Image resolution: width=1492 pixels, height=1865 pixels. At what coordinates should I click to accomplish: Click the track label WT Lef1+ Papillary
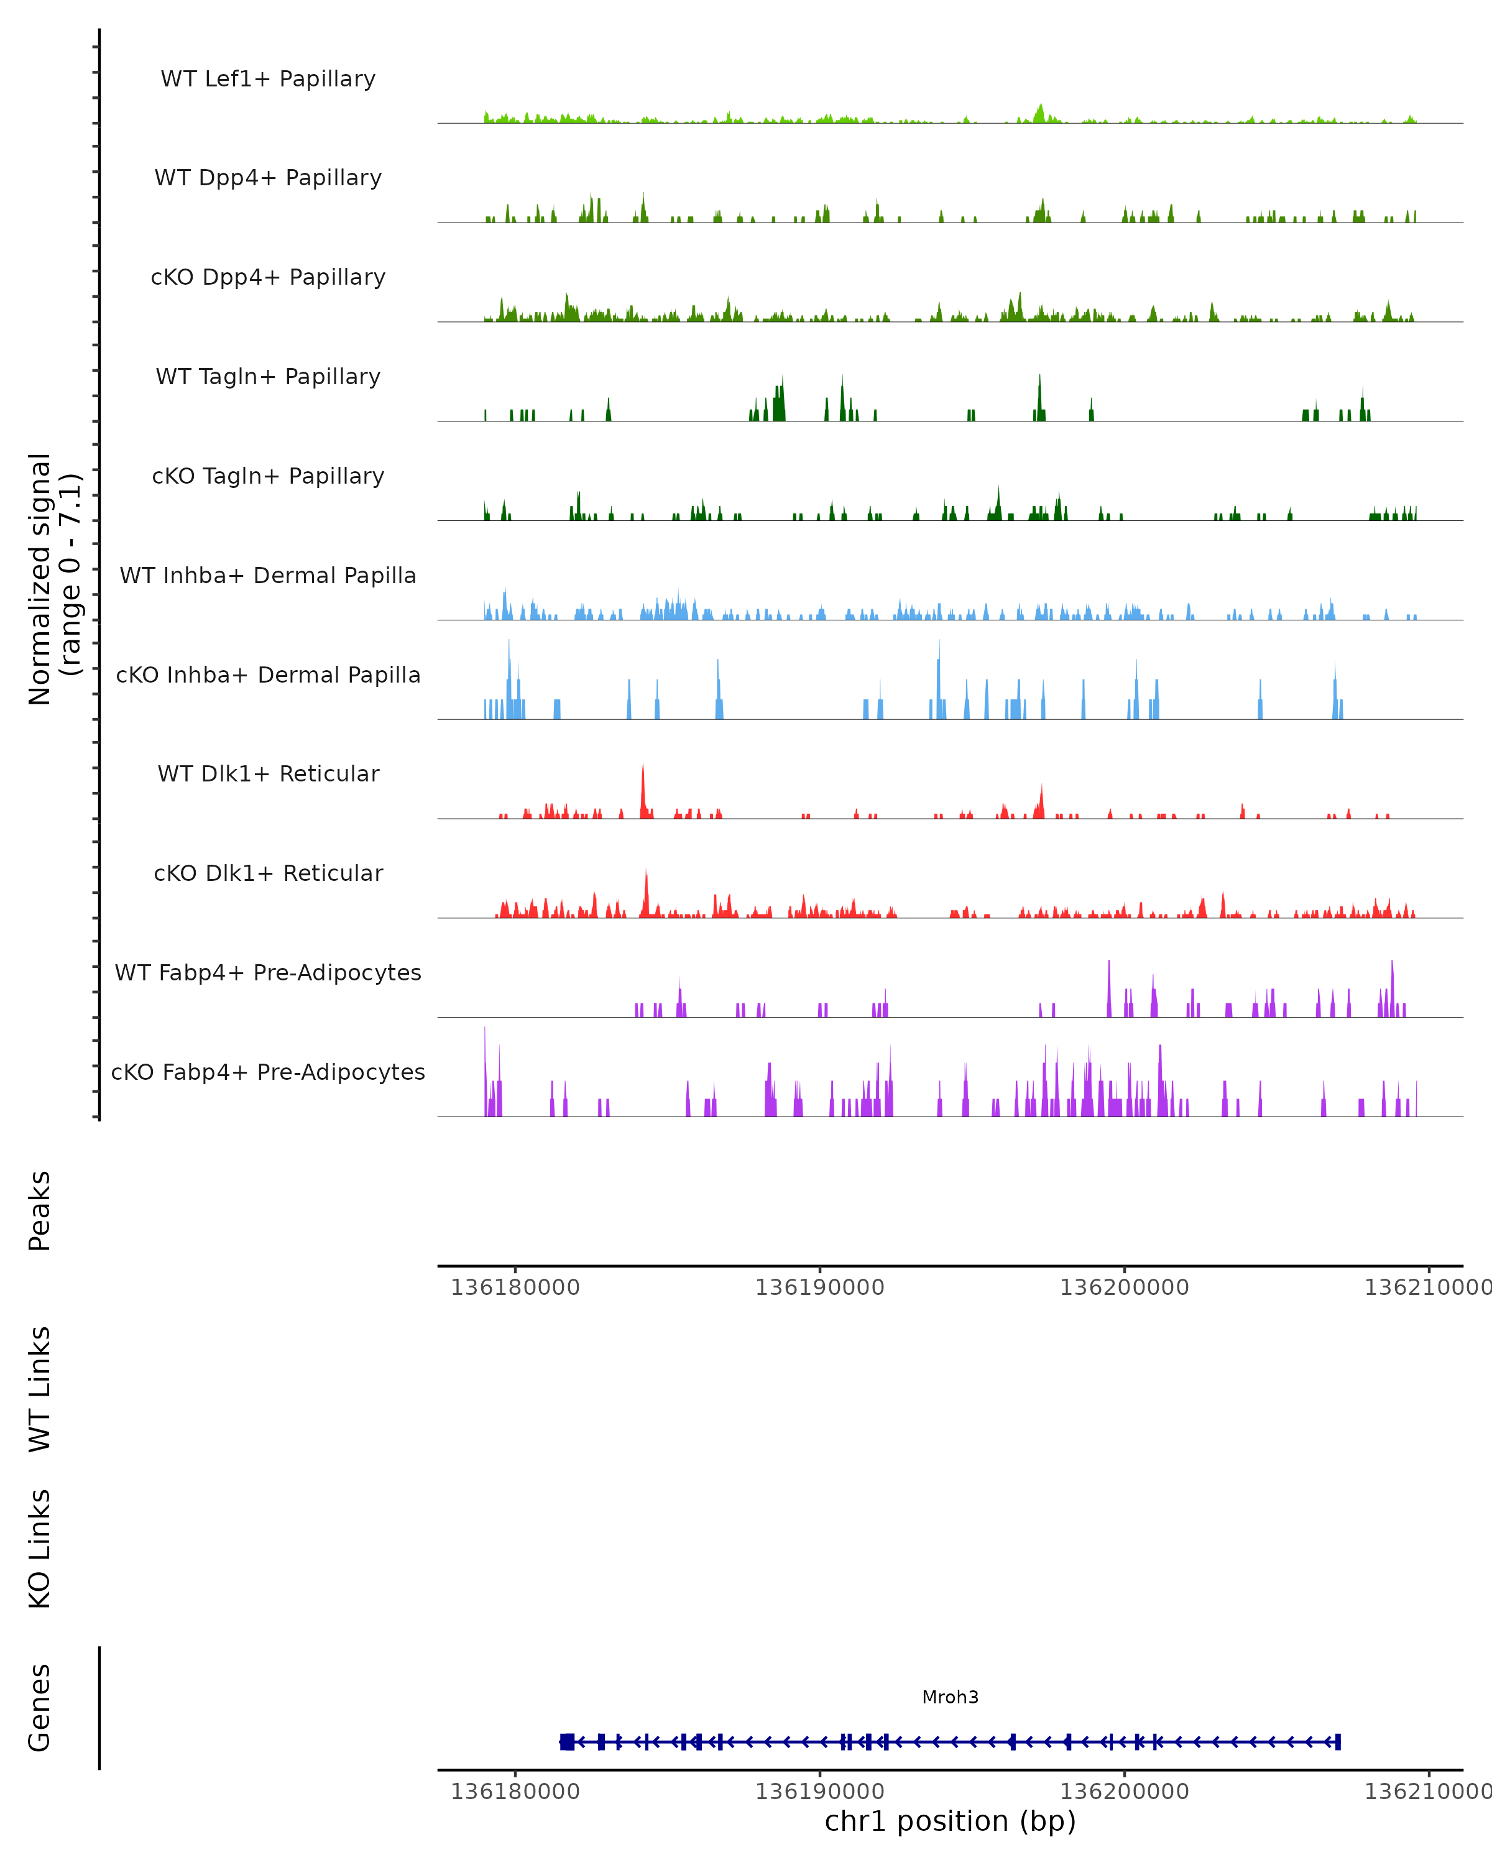coord(268,79)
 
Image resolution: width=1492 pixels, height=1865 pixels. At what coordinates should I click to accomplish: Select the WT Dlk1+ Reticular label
coord(268,773)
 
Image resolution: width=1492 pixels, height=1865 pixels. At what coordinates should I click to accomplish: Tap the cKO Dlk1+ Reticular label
coord(268,873)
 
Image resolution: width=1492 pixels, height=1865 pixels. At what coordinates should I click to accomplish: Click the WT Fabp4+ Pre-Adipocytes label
coord(268,972)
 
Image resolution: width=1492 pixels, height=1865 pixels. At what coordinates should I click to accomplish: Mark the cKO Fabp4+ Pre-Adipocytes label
coord(268,1072)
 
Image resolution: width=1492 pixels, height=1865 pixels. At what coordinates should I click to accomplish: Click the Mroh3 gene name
coord(950,1697)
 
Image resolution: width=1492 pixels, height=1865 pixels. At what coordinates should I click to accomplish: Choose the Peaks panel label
coord(40,1210)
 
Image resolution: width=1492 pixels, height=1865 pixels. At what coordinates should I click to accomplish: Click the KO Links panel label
coord(40,1549)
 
